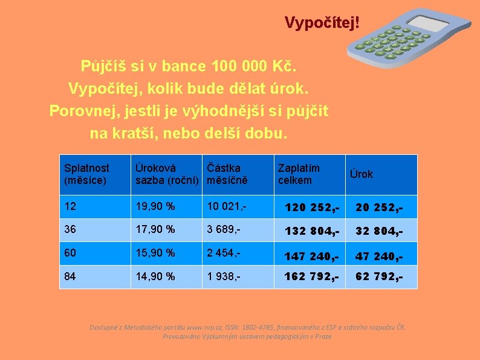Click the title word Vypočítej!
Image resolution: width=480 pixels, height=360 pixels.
[x=322, y=23]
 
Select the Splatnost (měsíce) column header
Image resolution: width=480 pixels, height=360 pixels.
[x=86, y=174]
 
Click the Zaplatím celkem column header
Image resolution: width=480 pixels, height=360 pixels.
[x=298, y=174]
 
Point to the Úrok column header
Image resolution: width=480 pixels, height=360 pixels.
[x=362, y=174]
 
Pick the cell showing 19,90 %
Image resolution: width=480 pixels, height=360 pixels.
[x=155, y=206]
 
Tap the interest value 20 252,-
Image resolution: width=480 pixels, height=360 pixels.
[x=378, y=208]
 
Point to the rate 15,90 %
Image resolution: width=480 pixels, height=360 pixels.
[x=155, y=253]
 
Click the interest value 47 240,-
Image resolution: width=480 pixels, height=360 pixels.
[x=378, y=255]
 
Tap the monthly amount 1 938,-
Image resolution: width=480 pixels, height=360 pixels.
[x=224, y=276]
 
